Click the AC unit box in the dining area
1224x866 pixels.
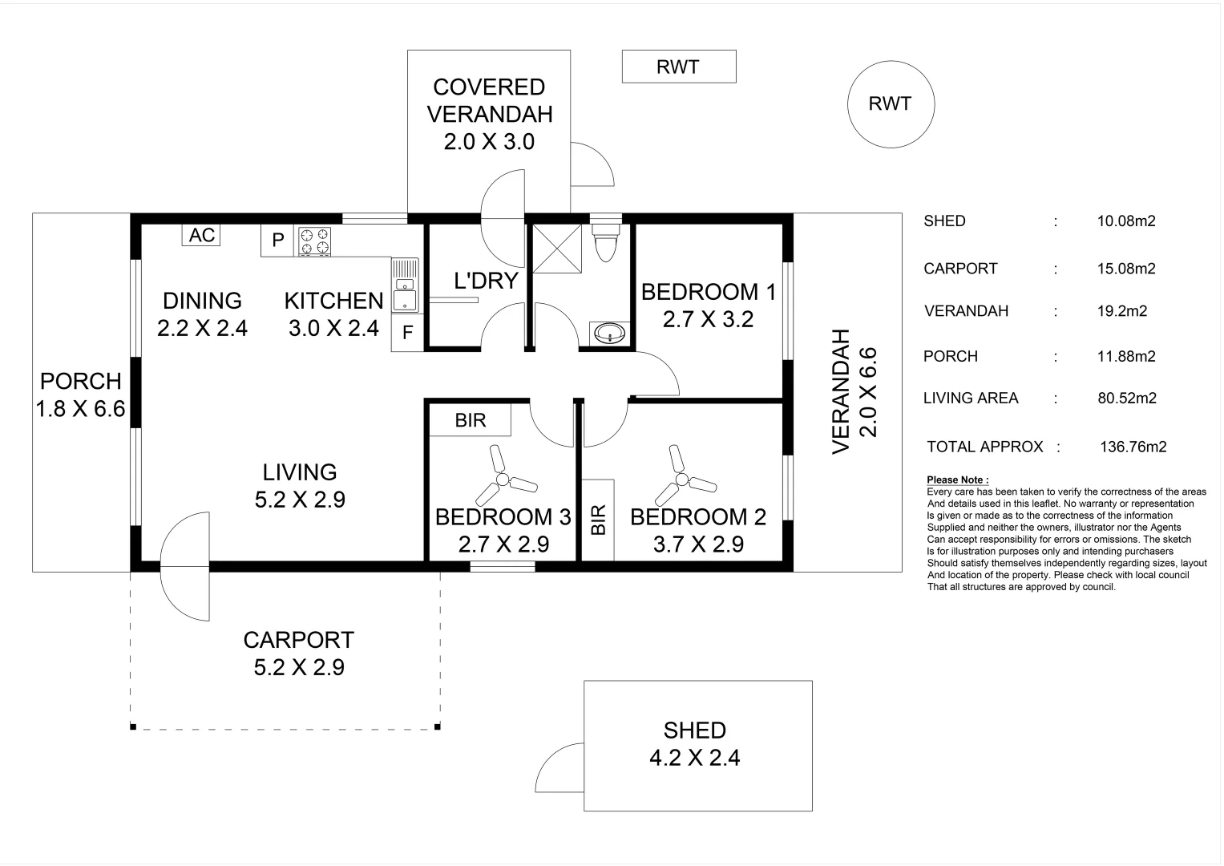tap(201, 235)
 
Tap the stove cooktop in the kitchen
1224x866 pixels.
tap(314, 242)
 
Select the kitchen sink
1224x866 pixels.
tap(405, 285)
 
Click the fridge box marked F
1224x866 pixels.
tap(407, 332)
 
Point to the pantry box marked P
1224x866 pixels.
tap(278, 241)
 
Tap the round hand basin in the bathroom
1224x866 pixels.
tap(610, 333)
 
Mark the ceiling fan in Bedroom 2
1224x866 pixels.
tap(682, 480)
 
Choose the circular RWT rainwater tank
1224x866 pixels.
tap(890, 104)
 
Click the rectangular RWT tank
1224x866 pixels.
tap(678, 67)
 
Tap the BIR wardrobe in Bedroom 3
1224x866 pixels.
tap(470, 420)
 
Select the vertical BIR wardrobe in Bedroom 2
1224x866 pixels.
tap(598, 520)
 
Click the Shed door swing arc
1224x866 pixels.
tap(559, 768)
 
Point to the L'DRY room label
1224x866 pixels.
tap(486, 281)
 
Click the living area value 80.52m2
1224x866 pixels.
tap(1126, 398)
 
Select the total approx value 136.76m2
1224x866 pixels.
tap(1133, 447)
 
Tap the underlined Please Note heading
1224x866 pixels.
tap(957, 480)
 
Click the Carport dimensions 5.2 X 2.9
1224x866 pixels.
tap(299, 667)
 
